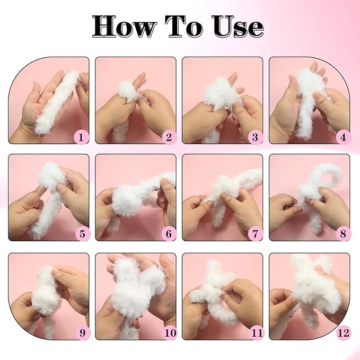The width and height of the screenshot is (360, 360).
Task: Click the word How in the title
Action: pos(125,26)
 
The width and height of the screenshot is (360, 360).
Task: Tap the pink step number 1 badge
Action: pos(81,137)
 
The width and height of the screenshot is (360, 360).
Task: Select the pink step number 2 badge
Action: pos(169,137)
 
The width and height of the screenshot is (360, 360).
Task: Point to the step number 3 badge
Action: pos(256,137)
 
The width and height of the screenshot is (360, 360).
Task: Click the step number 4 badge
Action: pos(343,137)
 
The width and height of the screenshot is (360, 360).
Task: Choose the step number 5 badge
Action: pos(83,234)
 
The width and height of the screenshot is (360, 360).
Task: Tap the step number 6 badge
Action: pos(169,234)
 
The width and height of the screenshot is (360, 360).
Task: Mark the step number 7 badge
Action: pos(256,234)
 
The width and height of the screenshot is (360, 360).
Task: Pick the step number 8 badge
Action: pos(343,234)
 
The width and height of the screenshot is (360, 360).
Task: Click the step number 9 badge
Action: pos(83,332)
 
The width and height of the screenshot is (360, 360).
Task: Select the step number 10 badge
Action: pos(170,332)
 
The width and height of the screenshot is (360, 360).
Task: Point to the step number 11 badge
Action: pos(257,332)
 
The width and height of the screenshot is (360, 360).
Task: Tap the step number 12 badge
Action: pos(344,332)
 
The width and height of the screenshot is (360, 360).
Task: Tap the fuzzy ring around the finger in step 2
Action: pos(127,91)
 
